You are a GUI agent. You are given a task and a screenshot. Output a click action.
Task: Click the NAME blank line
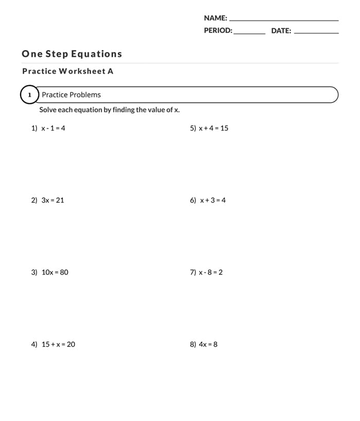pos(284,20)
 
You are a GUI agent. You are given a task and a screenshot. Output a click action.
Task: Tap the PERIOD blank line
pos(249,33)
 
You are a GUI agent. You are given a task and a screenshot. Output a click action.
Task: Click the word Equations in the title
pos(96,54)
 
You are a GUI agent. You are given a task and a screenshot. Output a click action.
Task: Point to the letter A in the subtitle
pos(110,71)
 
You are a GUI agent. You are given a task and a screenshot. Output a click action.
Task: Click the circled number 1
pos(30,95)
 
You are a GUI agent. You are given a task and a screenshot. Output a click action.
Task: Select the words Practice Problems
pos(71,95)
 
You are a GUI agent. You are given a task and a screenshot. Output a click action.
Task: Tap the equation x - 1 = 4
pos(53,128)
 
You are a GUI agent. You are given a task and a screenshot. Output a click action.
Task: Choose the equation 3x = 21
pos(52,200)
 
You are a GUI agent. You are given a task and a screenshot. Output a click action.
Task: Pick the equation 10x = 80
pos(55,272)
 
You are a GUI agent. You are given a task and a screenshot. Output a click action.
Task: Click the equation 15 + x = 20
pos(58,344)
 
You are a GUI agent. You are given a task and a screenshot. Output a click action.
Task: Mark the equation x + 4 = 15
pos(213,128)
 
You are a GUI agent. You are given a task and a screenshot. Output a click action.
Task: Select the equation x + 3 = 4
pos(212,200)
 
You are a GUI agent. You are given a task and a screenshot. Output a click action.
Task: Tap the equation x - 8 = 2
pos(211,272)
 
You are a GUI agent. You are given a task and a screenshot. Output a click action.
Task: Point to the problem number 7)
pos(193,272)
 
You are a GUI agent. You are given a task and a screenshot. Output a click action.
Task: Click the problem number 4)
pos(34,344)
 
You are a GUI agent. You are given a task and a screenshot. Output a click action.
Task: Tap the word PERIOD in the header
pos(218,30)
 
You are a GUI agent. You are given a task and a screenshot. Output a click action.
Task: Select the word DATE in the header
pos(281,30)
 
